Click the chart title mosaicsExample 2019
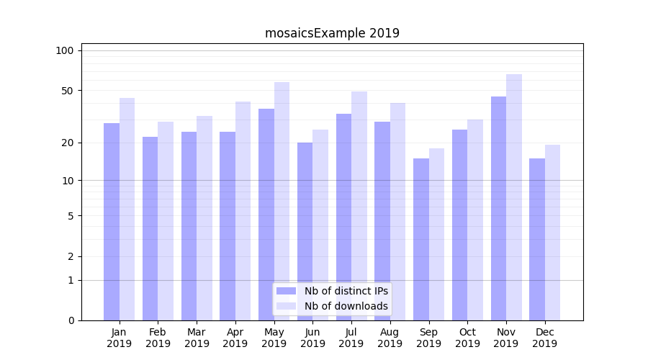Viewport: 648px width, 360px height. [x=332, y=33]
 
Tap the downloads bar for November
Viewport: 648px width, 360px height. [x=514, y=197]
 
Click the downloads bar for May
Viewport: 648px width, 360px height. [x=282, y=201]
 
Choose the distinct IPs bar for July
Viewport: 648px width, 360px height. [x=344, y=217]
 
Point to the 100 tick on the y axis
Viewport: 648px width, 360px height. [x=65, y=50]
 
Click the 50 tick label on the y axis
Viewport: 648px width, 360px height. [x=68, y=91]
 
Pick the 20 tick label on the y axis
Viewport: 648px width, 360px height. [x=68, y=143]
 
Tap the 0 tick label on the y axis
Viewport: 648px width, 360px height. [x=71, y=320]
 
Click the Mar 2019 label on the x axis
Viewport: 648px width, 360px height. [x=197, y=338]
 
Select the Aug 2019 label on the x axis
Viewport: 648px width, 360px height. [x=390, y=338]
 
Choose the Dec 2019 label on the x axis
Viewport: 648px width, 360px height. [x=544, y=338]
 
